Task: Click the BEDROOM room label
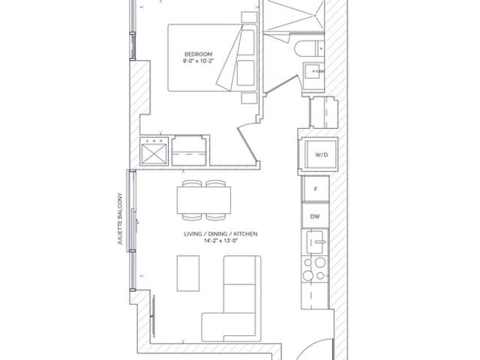tap(198, 54)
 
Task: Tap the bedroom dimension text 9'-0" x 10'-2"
tap(198, 61)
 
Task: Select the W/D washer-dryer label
tap(322, 154)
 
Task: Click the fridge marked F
tap(316, 189)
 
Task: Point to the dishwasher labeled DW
tap(315, 216)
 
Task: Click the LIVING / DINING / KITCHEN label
tap(220, 234)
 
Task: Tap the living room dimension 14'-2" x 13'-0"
tap(221, 241)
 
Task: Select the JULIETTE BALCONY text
tap(120, 218)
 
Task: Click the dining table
tap(204, 200)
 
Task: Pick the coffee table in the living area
tap(188, 273)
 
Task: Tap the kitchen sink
tap(315, 241)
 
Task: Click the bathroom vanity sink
tap(313, 71)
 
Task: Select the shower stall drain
tap(315, 15)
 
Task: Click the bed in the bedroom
tap(212, 58)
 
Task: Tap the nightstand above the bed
tap(249, 17)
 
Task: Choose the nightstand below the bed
tap(249, 98)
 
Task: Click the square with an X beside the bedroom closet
tap(154, 151)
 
